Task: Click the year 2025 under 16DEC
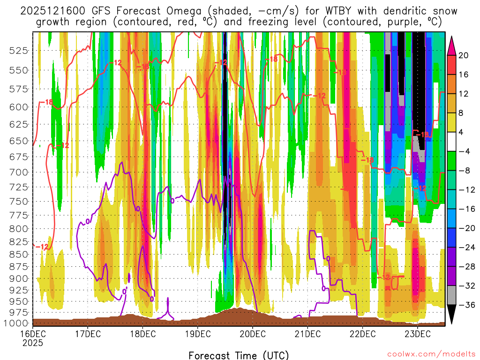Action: (32, 343)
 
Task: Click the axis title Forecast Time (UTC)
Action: (239, 355)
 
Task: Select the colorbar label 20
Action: (463, 55)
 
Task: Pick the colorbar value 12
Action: (463, 94)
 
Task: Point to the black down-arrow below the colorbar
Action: (452, 315)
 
